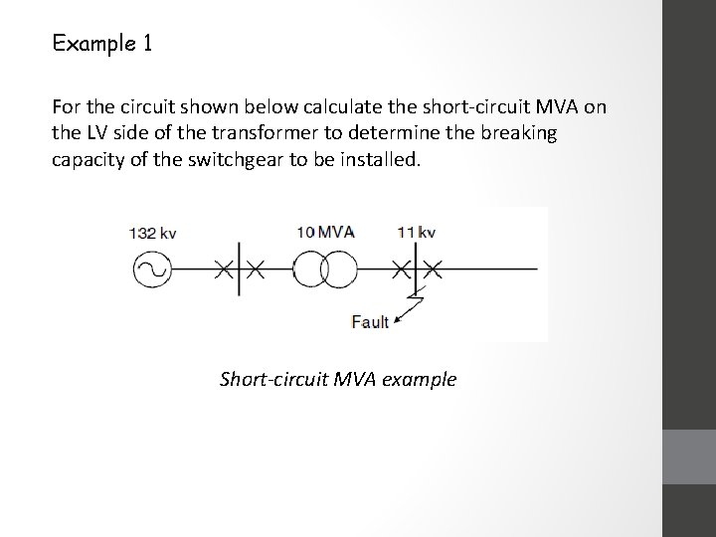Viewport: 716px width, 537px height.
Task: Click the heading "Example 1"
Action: pos(101,44)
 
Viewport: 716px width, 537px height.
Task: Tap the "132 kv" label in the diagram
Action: pos(152,234)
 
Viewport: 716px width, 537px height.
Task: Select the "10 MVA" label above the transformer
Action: pos(325,233)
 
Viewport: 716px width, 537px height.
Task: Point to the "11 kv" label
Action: pos(416,233)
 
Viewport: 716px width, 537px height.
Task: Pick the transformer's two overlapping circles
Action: pos(324,268)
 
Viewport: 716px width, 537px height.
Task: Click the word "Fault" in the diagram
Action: pos(370,320)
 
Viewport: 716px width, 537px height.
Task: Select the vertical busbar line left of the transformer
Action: pos(239,268)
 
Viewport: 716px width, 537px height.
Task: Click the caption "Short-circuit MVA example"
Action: pos(337,379)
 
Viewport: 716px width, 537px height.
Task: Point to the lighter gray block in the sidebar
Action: pos(688,456)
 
